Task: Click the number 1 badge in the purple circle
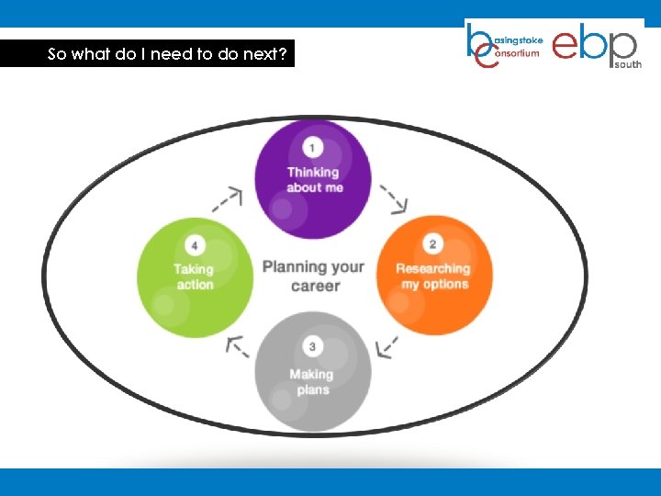pos(313,147)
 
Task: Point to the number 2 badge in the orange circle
pos(433,243)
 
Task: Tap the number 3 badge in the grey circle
pos(313,347)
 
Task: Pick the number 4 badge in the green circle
pos(195,245)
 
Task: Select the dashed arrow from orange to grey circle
pos(387,347)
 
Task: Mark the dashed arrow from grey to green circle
pos(237,345)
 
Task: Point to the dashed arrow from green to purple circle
pos(228,197)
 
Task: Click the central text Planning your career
pos(314,276)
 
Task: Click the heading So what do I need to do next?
pos(167,54)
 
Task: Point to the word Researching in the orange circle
pos(432,268)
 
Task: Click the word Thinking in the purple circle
pos(313,172)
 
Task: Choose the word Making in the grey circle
pos(311,374)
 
